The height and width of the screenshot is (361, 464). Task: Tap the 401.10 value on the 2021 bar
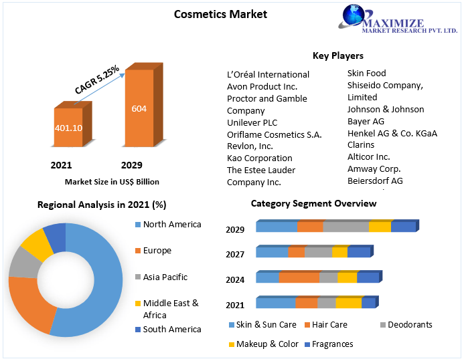tap(68, 128)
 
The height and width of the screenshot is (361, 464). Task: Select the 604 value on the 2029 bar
tap(139, 109)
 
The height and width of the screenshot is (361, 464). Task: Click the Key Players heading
tap(337, 55)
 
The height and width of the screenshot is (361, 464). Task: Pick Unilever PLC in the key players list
tap(252, 122)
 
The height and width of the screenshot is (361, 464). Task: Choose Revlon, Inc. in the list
tap(250, 146)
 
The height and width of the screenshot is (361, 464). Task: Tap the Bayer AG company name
tap(366, 121)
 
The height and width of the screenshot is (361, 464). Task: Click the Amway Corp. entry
tap(374, 169)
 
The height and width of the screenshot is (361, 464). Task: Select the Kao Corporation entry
tap(260, 158)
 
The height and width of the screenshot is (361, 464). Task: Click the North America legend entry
tap(171, 224)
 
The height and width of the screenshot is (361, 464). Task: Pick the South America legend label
tap(171, 329)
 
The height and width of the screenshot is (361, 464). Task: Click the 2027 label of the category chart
tap(235, 254)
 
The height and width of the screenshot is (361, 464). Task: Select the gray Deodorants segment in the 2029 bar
tap(345, 227)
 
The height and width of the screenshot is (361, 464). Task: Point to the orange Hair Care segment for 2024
tap(299, 277)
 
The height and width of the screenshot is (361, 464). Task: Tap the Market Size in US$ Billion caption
tap(112, 181)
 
